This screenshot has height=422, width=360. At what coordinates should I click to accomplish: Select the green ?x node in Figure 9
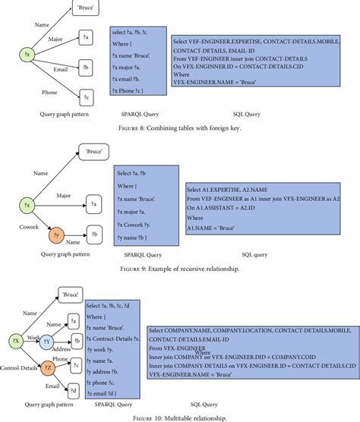tap(27, 206)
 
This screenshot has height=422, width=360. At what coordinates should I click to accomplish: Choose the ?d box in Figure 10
tap(74, 390)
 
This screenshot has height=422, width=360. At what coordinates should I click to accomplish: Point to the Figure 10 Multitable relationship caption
tap(180, 417)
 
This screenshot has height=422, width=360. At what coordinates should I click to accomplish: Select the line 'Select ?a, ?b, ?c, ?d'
tap(112, 306)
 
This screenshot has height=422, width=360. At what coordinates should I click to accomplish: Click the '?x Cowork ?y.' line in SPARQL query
tap(136, 223)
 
